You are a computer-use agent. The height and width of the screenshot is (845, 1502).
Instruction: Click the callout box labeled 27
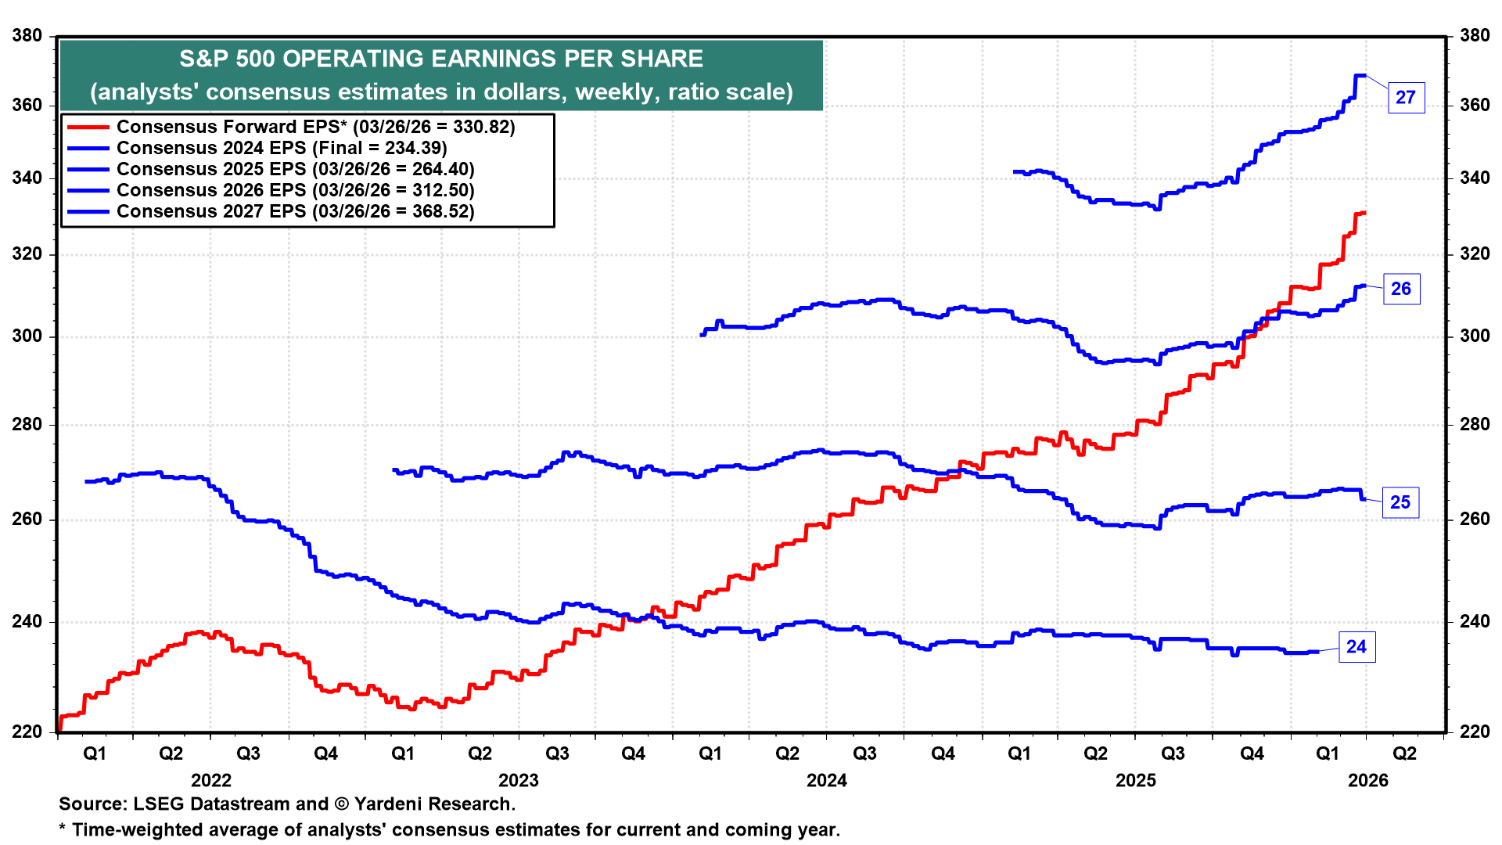pos(1406,98)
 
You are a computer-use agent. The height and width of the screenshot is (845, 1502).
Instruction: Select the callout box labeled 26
pos(1401,289)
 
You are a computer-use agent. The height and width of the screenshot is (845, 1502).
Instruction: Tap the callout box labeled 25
pos(1400,502)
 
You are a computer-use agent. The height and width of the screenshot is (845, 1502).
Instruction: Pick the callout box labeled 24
pos(1356,647)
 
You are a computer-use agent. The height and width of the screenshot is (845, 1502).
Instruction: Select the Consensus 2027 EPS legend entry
pos(295,211)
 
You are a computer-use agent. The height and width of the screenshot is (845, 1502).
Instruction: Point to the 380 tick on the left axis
pos(27,35)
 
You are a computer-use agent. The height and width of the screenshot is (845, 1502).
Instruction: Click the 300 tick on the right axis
pos(1475,336)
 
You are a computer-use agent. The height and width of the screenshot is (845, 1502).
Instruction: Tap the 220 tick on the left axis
pos(27,732)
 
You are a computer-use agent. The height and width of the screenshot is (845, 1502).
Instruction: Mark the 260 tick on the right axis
pos(1475,519)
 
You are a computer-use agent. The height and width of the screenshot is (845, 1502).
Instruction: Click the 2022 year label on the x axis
pos(211,780)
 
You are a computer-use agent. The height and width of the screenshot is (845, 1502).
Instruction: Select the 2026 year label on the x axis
pos(1367,780)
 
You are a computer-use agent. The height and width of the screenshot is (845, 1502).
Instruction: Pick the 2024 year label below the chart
pos(827,780)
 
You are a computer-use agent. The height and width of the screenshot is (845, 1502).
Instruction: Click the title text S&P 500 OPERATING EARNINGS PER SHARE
pos(441,59)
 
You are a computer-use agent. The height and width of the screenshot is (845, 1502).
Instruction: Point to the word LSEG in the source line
pos(159,804)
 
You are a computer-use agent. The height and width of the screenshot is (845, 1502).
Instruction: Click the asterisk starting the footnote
pos(63,829)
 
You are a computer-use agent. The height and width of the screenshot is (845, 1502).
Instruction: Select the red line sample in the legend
pos(88,127)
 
